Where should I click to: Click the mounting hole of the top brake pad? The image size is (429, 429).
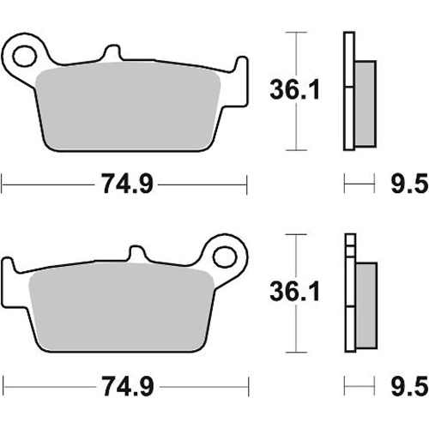click(25, 56)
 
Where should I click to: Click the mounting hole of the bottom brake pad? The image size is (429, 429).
click(226, 257)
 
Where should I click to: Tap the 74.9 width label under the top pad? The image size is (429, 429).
click(128, 184)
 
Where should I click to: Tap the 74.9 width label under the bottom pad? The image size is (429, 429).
click(129, 386)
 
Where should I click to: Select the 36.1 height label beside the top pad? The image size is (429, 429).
click(295, 90)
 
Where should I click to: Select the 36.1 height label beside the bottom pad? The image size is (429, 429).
click(295, 292)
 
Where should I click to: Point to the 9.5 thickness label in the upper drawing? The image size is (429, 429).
click(409, 184)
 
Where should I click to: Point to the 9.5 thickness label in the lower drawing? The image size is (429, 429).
click(409, 386)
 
